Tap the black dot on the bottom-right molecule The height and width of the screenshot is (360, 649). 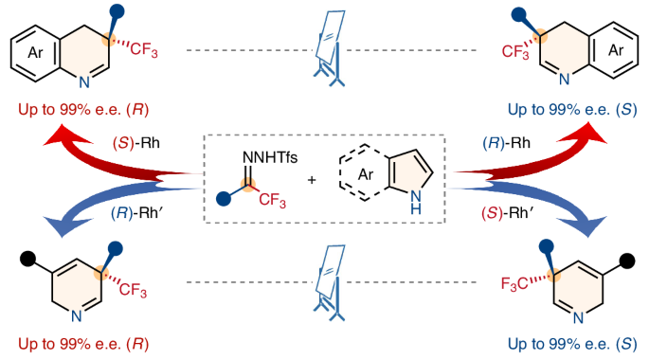(627, 257)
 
